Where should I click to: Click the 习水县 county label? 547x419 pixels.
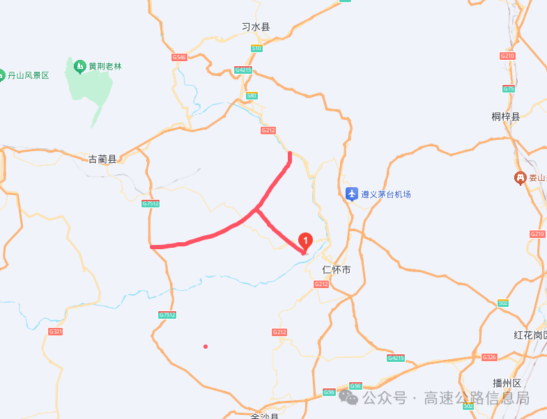coord(255,27)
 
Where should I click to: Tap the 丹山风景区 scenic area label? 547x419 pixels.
coord(28,74)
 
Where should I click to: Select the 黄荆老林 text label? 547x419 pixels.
coord(105,67)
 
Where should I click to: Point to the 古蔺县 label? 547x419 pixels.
coord(102,159)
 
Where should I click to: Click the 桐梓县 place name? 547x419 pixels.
coord(506,116)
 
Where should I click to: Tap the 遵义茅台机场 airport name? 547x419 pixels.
coord(386,194)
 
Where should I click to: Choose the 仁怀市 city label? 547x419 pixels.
coord(337,269)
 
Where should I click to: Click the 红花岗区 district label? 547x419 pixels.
coord(530,335)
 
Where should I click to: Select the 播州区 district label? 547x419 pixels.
coord(507,383)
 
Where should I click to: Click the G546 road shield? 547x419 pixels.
coord(179,57)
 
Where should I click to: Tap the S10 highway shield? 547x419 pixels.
coord(256,48)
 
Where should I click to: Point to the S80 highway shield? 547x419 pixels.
coord(252,95)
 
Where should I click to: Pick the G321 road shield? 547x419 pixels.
coord(56,331)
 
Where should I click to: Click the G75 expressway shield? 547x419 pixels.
coord(509,88)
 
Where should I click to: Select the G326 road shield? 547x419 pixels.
coord(489,357)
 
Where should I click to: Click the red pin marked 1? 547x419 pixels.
coord(305,241)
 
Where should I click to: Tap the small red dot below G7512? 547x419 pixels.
coord(205,346)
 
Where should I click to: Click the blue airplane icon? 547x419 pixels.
coord(352,193)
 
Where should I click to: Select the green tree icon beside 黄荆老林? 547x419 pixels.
coord(79,67)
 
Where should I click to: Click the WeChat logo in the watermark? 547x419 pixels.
coord(349,397)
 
